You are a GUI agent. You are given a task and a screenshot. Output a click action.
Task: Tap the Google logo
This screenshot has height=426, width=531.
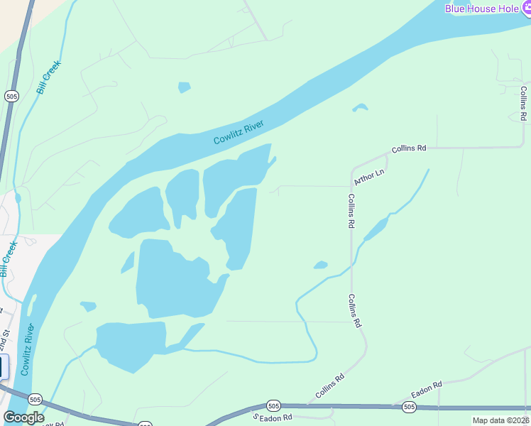pos(23,417)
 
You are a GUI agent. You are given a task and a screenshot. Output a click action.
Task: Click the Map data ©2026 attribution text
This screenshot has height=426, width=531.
pos(501,420)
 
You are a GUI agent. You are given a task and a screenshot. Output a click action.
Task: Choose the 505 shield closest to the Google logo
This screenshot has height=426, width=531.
pos(35,400)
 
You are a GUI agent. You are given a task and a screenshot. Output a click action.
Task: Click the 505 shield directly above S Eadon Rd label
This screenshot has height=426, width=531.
pos(273,405)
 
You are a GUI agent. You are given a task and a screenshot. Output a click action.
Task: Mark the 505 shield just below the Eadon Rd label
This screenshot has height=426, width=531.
pos(408,407)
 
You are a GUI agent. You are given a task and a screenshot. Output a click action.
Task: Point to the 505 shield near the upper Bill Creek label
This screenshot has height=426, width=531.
pos(11,96)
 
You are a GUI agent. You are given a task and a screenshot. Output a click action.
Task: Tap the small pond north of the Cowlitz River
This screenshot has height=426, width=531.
pos(185,87)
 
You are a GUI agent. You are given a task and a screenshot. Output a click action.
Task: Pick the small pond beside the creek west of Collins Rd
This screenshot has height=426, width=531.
pos(321,266)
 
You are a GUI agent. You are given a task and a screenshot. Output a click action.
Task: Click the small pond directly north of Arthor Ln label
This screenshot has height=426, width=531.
pos(360,108)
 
